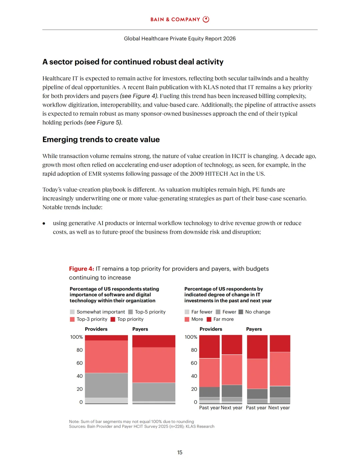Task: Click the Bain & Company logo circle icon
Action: [206, 19]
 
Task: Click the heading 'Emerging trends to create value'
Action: [101, 140]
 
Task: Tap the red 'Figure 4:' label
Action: [81, 269]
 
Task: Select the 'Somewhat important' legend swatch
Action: [72, 312]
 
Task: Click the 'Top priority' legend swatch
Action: [113, 319]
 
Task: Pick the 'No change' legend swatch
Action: [241, 312]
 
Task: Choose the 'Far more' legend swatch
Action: [209, 319]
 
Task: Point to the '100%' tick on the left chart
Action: [76, 337]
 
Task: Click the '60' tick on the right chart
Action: [194, 363]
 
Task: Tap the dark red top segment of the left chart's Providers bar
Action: [106, 338]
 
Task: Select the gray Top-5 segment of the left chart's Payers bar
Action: [154, 392]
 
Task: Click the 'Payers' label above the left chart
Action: [140, 329]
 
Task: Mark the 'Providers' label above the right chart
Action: [211, 329]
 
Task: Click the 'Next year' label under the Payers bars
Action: [279, 408]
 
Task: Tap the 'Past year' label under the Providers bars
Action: [209, 408]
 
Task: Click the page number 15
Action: [180, 452]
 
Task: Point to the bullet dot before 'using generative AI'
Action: [44, 223]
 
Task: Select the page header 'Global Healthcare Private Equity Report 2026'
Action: [180, 39]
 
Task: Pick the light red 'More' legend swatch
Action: [187, 319]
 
